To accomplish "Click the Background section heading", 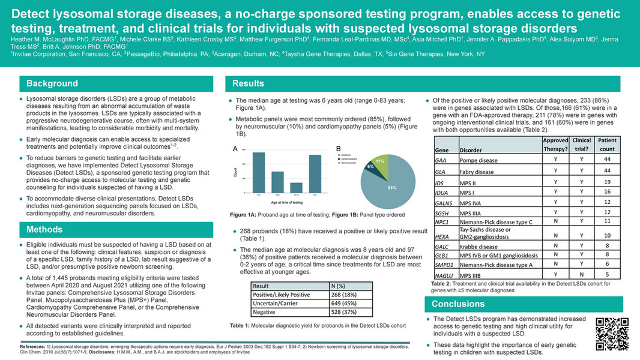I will (x=52, y=84).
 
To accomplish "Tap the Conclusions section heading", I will (x=459, y=304).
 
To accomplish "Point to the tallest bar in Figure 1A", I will (x=259, y=173).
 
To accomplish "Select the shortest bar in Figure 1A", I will (x=296, y=188).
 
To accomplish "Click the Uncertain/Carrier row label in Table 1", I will (x=279, y=304).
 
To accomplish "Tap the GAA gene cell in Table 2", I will (x=440, y=161).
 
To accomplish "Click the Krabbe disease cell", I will (x=478, y=247).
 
